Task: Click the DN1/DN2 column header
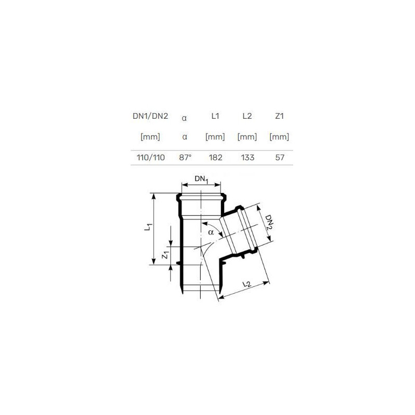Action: tap(150, 116)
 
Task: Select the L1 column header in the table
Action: tap(215, 116)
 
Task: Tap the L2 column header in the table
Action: tap(247, 116)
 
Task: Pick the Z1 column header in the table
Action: tap(279, 116)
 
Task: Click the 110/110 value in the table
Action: tap(150, 158)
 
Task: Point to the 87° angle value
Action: tap(185, 158)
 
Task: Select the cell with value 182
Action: tap(215, 158)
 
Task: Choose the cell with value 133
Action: tap(248, 158)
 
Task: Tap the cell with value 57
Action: tap(280, 158)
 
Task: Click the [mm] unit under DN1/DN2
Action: tap(150, 137)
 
